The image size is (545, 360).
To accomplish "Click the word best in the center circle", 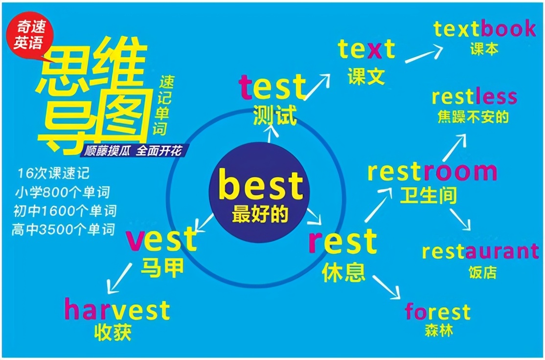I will tap(261, 185).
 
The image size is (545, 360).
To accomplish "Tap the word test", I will tap(272, 87).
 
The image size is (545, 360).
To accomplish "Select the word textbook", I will tap(484, 29).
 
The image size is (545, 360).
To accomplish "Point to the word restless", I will tap(474, 97).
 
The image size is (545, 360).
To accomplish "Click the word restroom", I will tap(432, 172).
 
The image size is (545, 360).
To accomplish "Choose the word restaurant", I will tap(480, 251).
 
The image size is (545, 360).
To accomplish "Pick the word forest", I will tap(437, 312).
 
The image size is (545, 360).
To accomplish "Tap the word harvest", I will tap(117, 310).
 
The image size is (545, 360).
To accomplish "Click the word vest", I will tap(161, 240).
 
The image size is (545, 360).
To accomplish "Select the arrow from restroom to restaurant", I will tap(460, 220).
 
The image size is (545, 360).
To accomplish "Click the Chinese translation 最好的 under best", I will tap(260, 214).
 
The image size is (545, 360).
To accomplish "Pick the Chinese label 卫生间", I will tap(428, 196).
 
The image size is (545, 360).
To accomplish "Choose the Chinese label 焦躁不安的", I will tap(473, 117).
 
